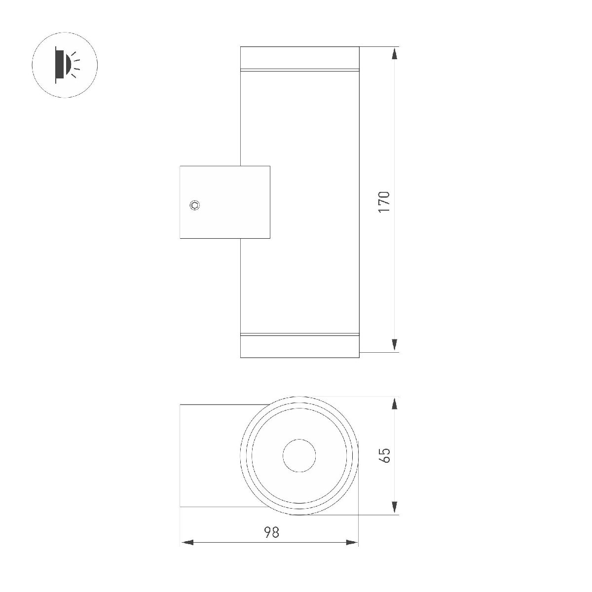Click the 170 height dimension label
pos(384,202)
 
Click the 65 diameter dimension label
pos(385,455)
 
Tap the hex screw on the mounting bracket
pos(195,205)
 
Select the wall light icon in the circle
pos(65,65)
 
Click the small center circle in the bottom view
pos(299,455)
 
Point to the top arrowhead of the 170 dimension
pos(395,54)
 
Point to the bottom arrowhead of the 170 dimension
pos(395,345)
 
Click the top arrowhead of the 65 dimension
pos(395,404)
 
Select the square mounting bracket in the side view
pos(224,202)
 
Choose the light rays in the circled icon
pos(75,65)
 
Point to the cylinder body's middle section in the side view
pos(316,202)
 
